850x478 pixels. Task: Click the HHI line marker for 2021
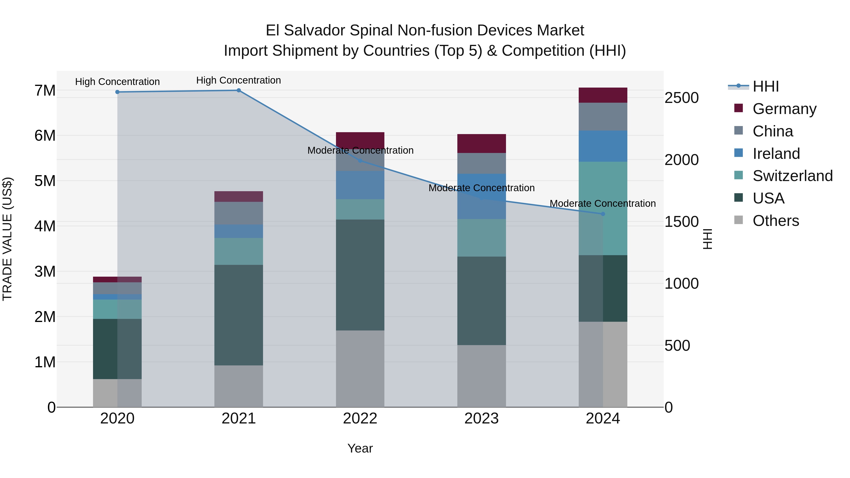pos(238,90)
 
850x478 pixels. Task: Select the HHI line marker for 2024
pos(603,214)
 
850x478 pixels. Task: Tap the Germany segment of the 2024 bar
pos(603,95)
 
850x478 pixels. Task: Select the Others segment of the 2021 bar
pos(238,386)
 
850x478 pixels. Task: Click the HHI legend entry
pos(765,86)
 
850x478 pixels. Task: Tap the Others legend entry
pos(775,221)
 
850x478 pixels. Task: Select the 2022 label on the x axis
pos(360,418)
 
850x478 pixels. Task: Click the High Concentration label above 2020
pos(118,81)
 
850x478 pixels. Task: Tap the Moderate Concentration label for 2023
pos(481,188)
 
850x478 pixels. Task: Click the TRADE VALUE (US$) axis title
pos(7,239)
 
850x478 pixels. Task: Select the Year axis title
pos(360,448)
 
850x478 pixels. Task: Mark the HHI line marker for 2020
pos(118,92)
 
